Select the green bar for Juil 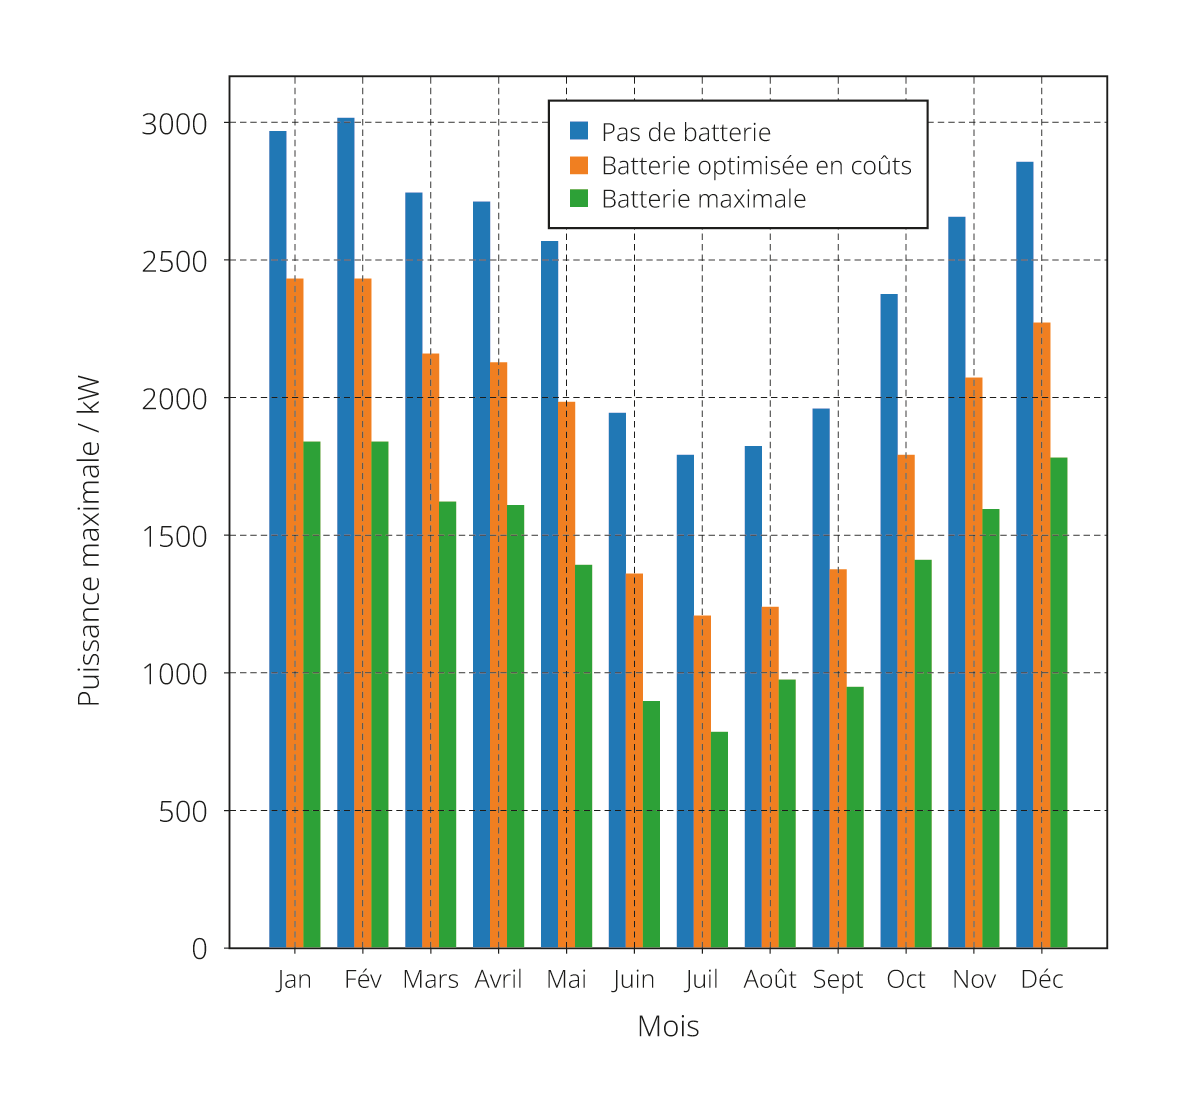click(x=719, y=840)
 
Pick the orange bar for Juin click(x=634, y=760)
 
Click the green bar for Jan click(x=312, y=695)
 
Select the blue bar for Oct click(x=889, y=621)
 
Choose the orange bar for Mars click(x=430, y=651)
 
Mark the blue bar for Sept click(x=821, y=678)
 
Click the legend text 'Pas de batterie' click(x=686, y=132)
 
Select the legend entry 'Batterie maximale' click(x=703, y=199)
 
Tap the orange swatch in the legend click(x=579, y=165)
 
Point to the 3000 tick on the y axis click(x=174, y=124)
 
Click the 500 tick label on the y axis click(x=183, y=811)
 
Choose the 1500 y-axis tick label click(x=174, y=536)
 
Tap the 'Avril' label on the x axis click(x=498, y=979)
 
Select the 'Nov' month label click(x=974, y=979)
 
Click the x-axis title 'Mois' click(x=668, y=1027)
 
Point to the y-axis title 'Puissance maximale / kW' click(x=89, y=540)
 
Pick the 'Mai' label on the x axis click(x=566, y=979)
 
